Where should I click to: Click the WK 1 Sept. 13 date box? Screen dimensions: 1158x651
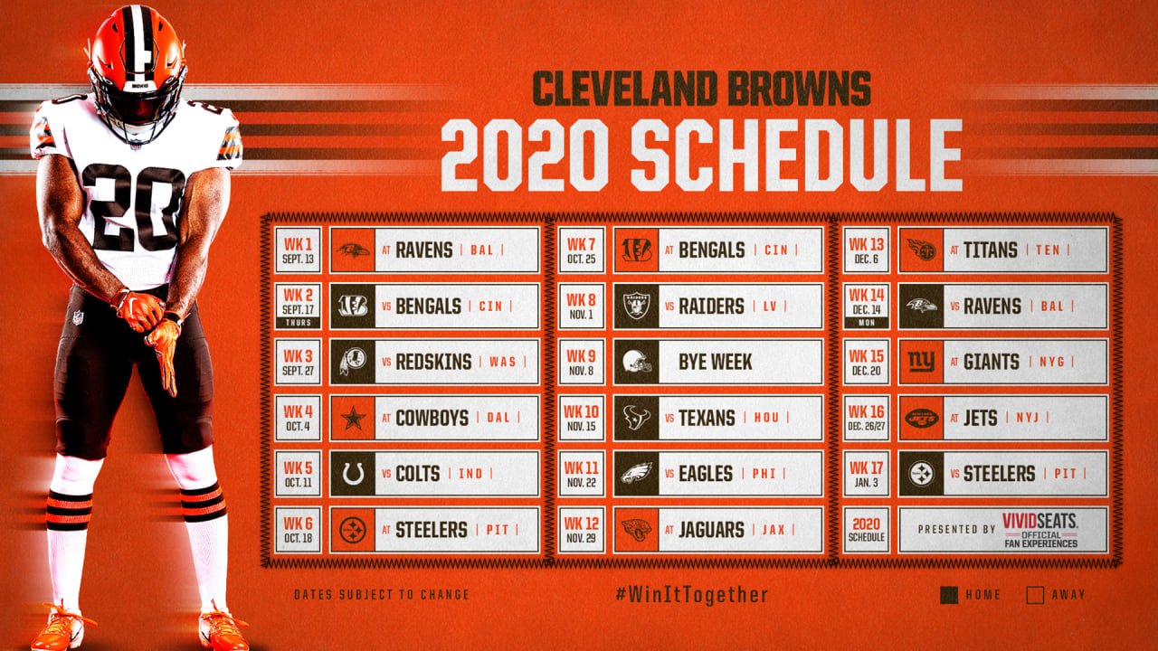(298, 250)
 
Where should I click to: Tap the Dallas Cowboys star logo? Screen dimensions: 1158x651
(353, 418)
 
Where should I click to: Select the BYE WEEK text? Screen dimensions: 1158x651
(715, 363)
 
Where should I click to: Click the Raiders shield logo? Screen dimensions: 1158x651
(636, 306)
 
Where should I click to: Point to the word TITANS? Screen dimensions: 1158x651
(990, 250)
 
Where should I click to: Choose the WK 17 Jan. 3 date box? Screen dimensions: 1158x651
(867, 474)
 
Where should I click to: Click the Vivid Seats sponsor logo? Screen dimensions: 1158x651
(1039, 530)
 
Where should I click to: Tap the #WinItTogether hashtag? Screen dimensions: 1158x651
(692, 595)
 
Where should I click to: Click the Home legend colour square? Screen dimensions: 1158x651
(949, 595)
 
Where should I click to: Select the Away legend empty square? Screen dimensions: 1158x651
(1035, 595)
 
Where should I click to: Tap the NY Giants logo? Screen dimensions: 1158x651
(921, 362)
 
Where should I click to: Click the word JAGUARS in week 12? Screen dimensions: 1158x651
(711, 530)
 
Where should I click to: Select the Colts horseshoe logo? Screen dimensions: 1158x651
(353, 474)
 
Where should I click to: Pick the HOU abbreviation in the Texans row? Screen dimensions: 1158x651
(766, 418)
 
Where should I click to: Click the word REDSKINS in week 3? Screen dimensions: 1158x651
(433, 363)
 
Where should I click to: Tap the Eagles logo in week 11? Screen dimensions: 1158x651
(636, 473)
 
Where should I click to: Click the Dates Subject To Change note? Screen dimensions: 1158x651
(382, 595)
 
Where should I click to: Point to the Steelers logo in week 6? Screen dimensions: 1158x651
(353, 530)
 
